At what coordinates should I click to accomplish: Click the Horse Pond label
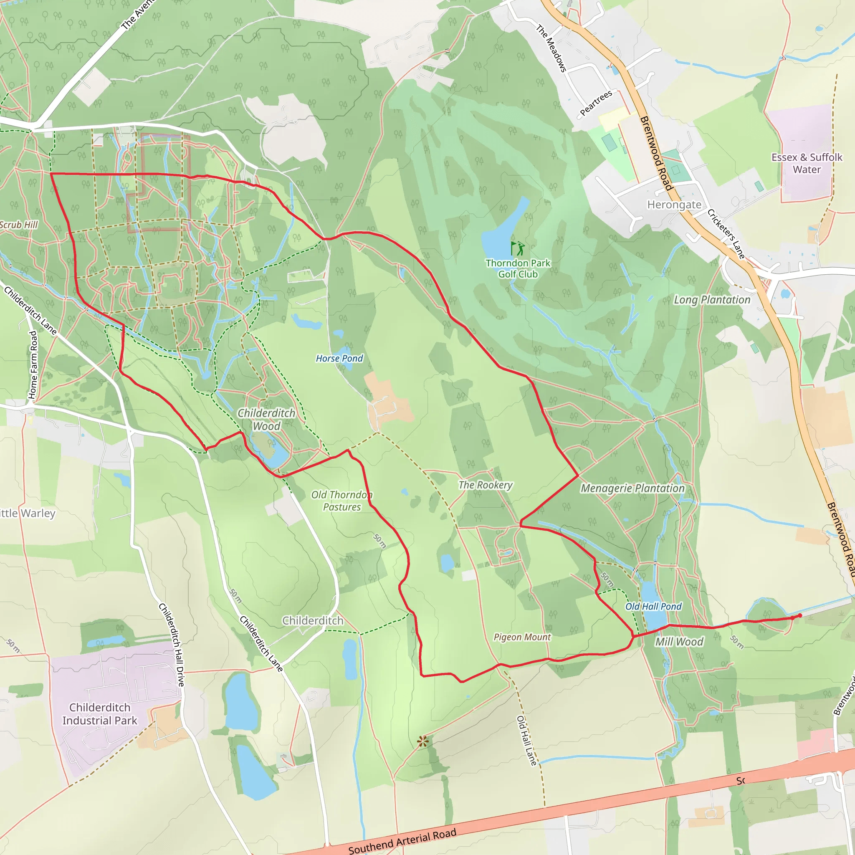tap(339, 359)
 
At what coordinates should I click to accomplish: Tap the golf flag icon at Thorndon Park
tap(517, 248)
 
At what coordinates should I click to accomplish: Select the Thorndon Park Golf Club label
tap(518, 268)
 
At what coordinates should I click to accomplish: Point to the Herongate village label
tap(674, 205)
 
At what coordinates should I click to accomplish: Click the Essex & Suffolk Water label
tap(806, 163)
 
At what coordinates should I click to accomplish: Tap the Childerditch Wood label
tap(266, 419)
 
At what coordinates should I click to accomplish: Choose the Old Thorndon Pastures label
tap(341, 501)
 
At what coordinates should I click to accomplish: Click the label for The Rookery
tap(486, 485)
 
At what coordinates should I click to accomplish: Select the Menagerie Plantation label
tap(632, 488)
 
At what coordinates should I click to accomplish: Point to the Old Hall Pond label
tap(653, 606)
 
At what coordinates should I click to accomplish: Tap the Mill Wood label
tap(679, 642)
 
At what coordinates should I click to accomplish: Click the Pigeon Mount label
tap(522, 637)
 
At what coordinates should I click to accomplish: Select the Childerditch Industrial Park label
tap(100, 714)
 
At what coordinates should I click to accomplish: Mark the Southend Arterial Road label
tap(402, 841)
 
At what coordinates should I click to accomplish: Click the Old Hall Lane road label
tap(526, 740)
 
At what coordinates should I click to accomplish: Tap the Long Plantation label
tap(712, 300)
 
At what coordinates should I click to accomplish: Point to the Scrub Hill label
tap(19, 225)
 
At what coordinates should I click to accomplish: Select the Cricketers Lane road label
tap(726, 234)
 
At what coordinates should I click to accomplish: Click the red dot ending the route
tap(799, 616)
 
